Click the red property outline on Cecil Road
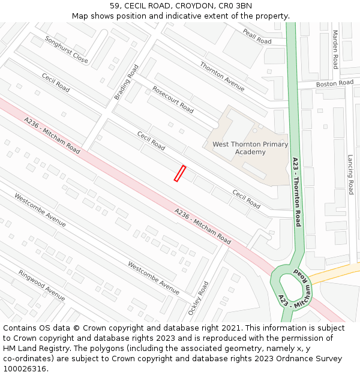pyautogui.click(x=179, y=173)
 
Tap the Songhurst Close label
pyautogui.click(x=66, y=49)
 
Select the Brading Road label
pyautogui.click(x=126, y=82)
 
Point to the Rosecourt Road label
pyautogui.click(x=173, y=100)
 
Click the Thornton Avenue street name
pyautogui.click(x=222, y=76)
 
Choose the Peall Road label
pyautogui.click(x=257, y=37)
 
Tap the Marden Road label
pyautogui.click(x=335, y=50)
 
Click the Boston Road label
pyautogui.click(x=335, y=83)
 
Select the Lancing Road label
pyautogui.click(x=350, y=174)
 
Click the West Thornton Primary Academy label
pyautogui.click(x=250, y=148)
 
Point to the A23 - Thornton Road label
pyautogui.click(x=296, y=191)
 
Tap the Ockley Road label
pyautogui.click(x=198, y=298)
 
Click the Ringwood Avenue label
pyautogui.click(x=41, y=285)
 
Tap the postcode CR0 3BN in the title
pyautogui.click(x=235, y=6)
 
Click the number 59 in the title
pyautogui.click(x=115, y=6)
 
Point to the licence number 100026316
pyautogui.click(x=25, y=369)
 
